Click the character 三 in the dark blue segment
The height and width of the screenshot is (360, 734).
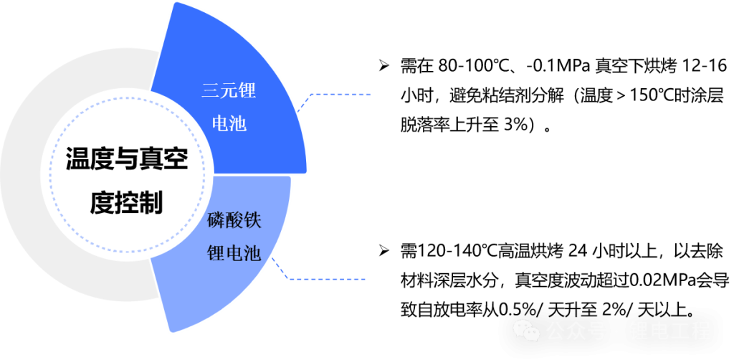coord(210,91)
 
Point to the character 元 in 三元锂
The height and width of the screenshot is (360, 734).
coord(229,91)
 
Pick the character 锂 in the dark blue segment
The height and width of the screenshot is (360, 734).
coord(247,91)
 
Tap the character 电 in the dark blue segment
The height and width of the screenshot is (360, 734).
coord(220,123)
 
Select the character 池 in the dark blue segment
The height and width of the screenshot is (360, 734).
coord(238,123)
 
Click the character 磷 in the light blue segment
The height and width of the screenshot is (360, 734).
coord(215,220)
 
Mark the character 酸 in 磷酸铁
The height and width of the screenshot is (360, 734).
coord(234,220)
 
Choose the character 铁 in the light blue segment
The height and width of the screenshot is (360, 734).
coord(252,220)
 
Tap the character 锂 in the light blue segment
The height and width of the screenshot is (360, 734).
coord(215,252)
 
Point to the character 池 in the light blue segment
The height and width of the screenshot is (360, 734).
coord(252,252)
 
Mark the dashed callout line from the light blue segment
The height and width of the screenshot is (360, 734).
coord(330,279)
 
